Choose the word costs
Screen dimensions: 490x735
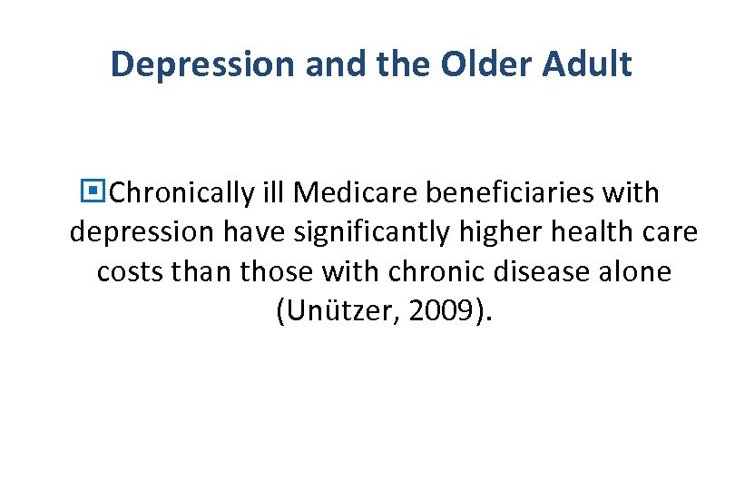(x=126, y=272)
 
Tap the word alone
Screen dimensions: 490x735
(x=634, y=272)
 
